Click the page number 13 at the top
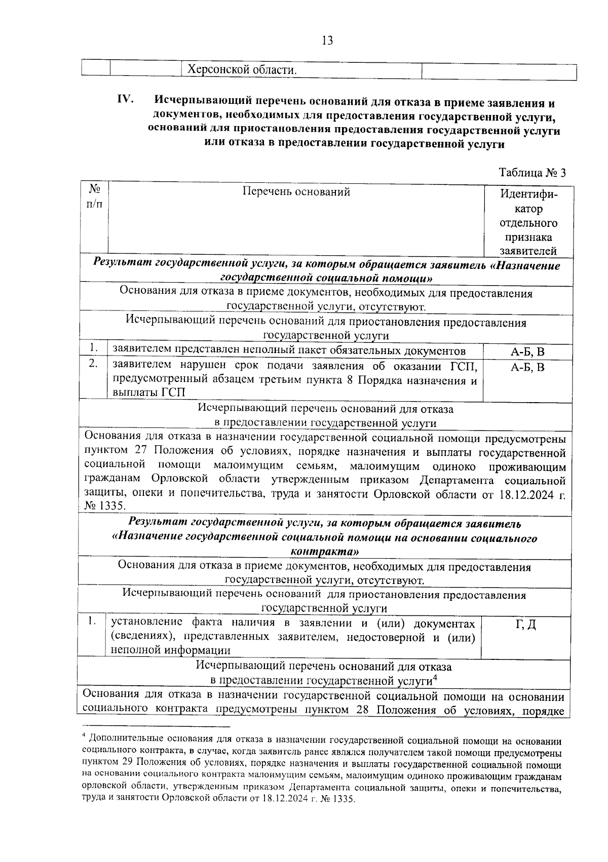click(327, 41)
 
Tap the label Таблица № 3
click(532, 173)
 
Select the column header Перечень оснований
click(296, 191)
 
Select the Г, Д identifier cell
click(525, 625)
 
